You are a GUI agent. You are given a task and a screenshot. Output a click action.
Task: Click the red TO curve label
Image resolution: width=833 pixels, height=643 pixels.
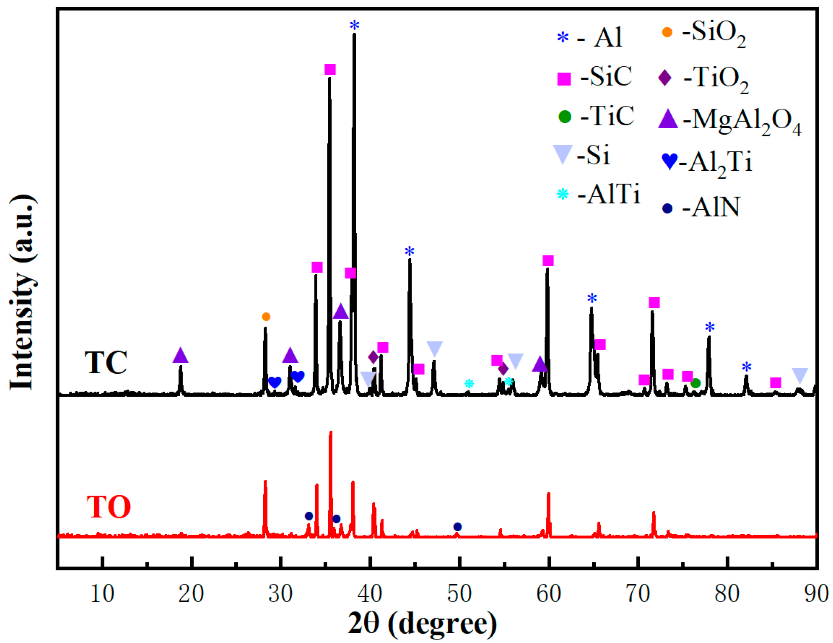(x=109, y=507)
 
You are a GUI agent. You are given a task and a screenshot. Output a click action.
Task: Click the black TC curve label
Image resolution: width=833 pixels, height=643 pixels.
(x=106, y=362)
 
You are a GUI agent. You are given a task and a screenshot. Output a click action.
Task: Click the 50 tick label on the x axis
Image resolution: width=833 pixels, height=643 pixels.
(x=459, y=593)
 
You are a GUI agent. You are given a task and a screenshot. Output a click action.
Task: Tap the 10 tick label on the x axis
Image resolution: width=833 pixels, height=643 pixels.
(x=102, y=593)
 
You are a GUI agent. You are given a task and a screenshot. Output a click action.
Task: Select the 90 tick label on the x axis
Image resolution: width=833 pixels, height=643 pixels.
(x=816, y=593)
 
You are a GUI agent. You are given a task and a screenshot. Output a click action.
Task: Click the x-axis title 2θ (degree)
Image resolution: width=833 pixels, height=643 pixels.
(x=422, y=623)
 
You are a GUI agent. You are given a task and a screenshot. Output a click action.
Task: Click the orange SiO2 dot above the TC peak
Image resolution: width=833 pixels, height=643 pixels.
(x=266, y=316)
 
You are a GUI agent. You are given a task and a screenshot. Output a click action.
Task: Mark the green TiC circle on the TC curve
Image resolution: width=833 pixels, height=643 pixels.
(x=695, y=383)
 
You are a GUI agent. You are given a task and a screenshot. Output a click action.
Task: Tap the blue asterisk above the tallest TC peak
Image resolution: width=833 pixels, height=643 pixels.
(x=355, y=25)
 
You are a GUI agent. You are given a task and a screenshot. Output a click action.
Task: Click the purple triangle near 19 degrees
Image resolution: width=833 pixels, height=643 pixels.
(x=180, y=355)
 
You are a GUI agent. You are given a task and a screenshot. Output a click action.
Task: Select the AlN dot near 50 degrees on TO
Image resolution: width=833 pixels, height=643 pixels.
(x=457, y=527)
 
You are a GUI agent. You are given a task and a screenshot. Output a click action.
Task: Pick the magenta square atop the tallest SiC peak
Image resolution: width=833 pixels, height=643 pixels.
(x=330, y=69)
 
